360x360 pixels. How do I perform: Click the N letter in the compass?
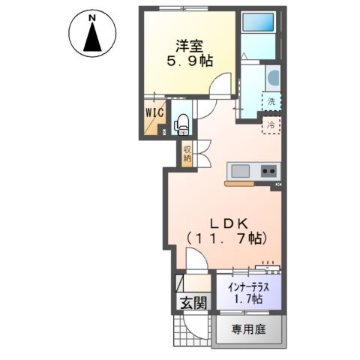91,16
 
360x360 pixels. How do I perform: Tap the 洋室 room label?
187,46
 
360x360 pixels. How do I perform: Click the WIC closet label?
155,113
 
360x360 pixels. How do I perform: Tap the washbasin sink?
271,77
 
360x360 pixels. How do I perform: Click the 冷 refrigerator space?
270,124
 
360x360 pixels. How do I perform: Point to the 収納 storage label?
187,153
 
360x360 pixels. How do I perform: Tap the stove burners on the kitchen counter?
268,172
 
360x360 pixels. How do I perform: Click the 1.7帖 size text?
247,299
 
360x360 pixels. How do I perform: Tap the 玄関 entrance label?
193,303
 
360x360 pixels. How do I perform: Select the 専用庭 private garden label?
247,329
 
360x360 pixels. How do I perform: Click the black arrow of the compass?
91,37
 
